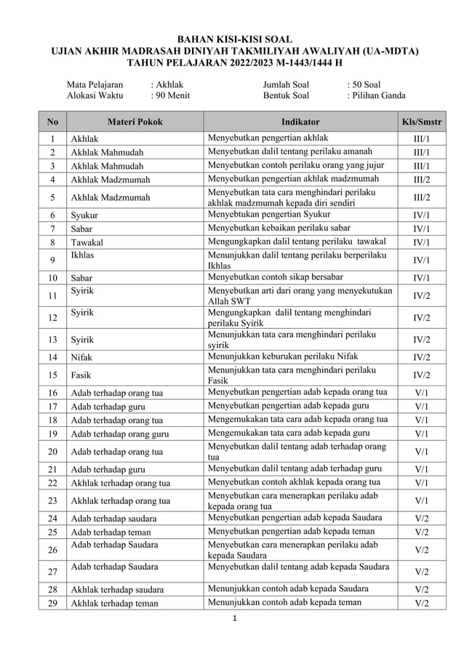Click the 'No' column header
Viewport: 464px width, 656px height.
[x=52, y=121]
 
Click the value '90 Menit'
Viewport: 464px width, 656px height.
[x=169, y=95]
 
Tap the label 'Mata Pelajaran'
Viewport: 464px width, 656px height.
[x=95, y=84]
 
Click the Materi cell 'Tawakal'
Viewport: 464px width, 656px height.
[x=87, y=243]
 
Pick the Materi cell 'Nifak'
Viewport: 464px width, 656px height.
[x=81, y=358]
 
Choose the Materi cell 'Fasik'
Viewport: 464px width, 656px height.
[x=81, y=375]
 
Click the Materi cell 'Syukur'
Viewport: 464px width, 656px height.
[x=84, y=216]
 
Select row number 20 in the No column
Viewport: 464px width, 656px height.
[x=52, y=452]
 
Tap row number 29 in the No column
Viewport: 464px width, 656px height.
[x=52, y=603]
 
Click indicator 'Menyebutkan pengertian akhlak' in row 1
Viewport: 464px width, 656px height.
[x=268, y=137]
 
